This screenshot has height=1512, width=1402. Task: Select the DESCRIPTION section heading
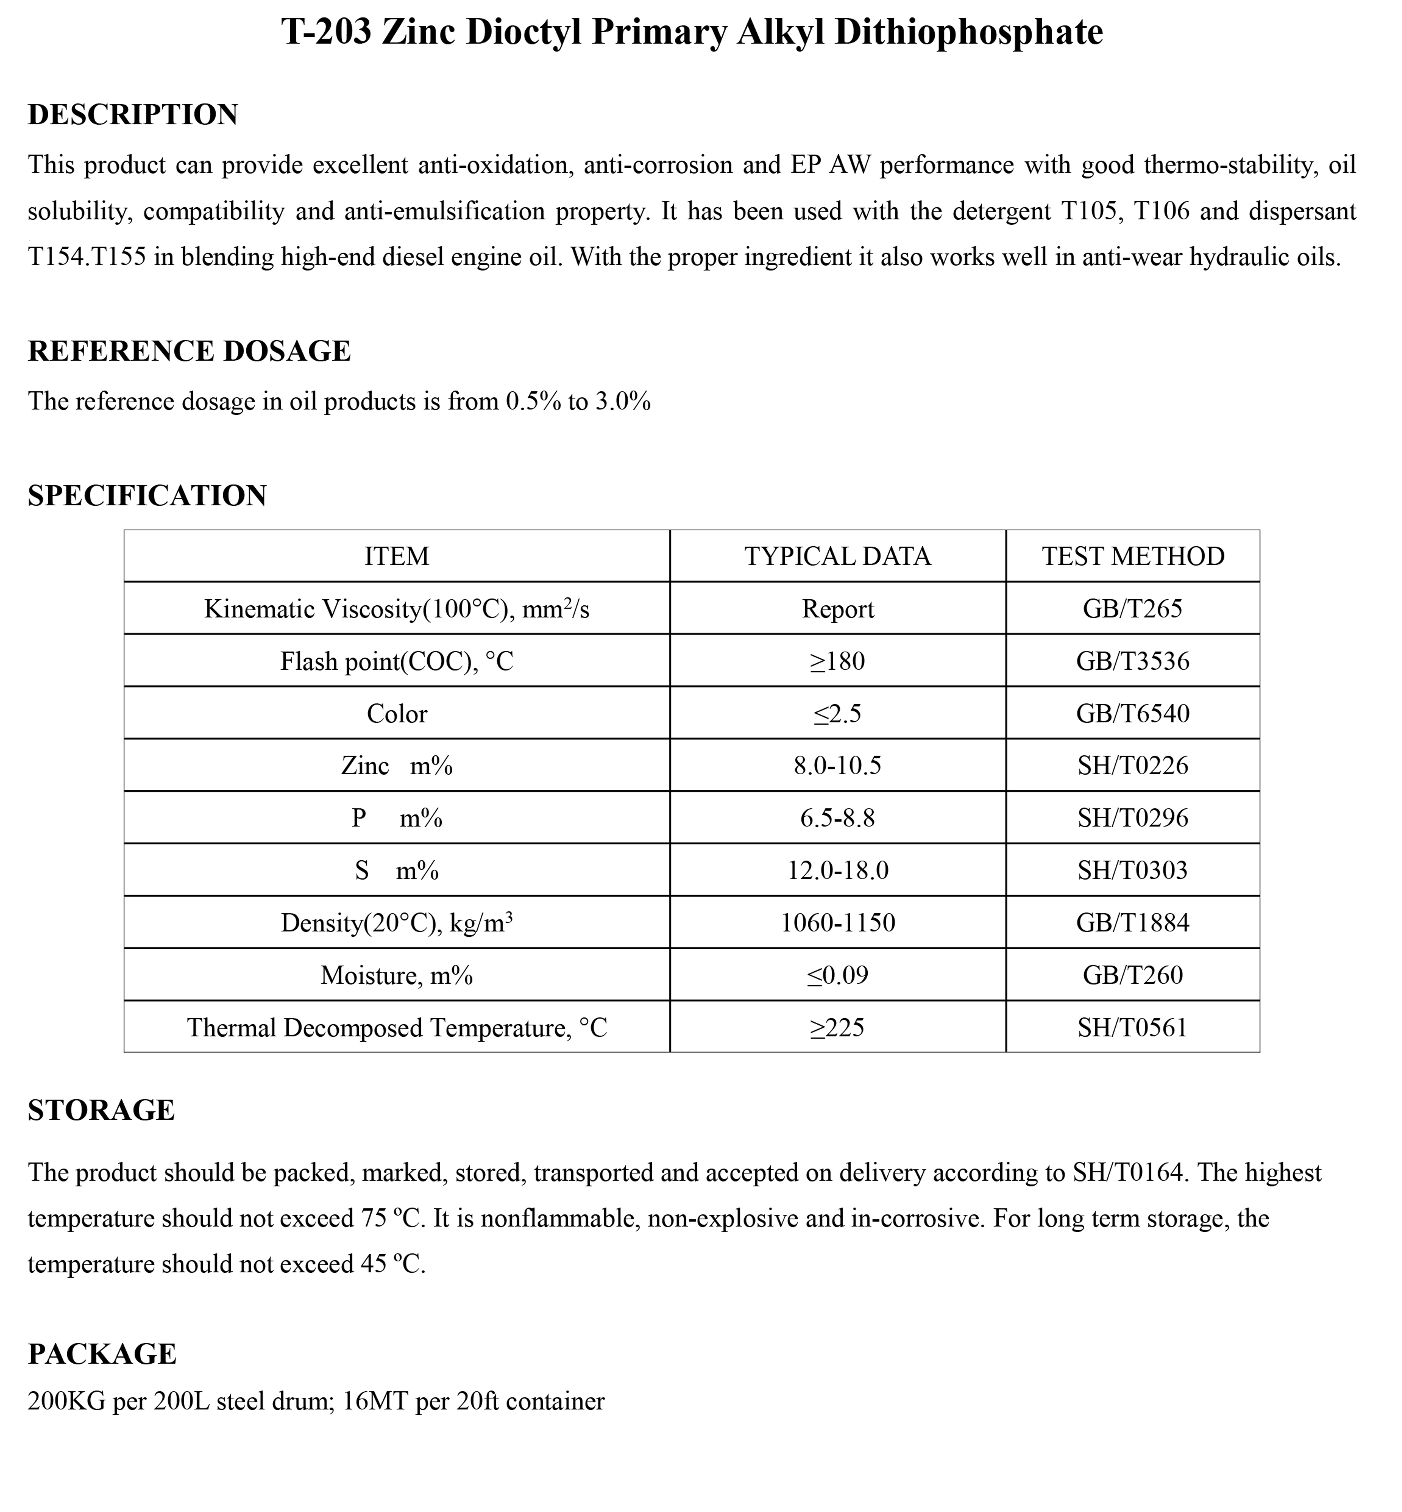(x=133, y=115)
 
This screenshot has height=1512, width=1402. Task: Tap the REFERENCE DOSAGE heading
(x=189, y=351)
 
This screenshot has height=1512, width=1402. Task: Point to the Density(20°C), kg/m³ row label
(x=397, y=923)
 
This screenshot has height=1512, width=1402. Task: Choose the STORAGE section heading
(x=101, y=1110)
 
